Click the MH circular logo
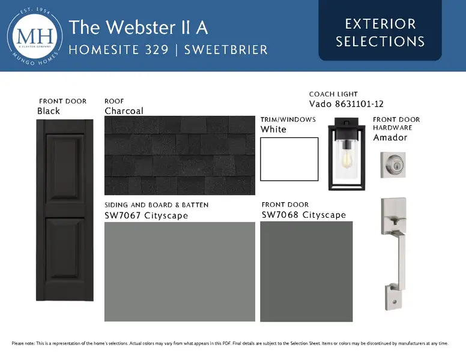pyautogui.click(x=35, y=36)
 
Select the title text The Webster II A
pyautogui.click(x=138, y=28)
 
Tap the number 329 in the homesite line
pyautogui.click(x=157, y=50)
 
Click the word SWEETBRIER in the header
pyautogui.click(x=226, y=50)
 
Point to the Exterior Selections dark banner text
pyautogui.click(x=380, y=32)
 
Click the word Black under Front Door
pyautogui.click(x=49, y=111)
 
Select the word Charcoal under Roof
pyautogui.click(x=124, y=111)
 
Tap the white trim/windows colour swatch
pyautogui.click(x=289, y=159)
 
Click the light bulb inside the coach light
pyautogui.click(x=346, y=158)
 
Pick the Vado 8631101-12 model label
pyautogui.click(x=346, y=104)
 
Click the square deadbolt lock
pyautogui.click(x=393, y=165)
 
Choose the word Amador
pyautogui.click(x=390, y=137)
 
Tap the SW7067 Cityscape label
pyautogui.click(x=146, y=215)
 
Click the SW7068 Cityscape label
pyautogui.click(x=304, y=215)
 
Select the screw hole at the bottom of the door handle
pyautogui.click(x=395, y=302)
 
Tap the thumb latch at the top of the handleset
pyautogui.click(x=395, y=221)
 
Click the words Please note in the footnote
pyautogui.click(x=23, y=343)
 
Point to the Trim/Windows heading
pyautogui.click(x=288, y=119)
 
